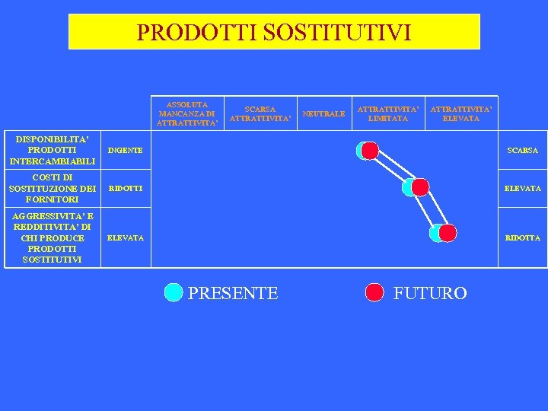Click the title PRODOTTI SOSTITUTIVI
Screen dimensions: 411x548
coord(274,32)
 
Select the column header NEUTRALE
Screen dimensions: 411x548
coord(323,113)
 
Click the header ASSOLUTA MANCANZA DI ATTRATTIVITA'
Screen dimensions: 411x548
coord(187,113)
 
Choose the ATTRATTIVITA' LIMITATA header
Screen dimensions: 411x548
coord(388,113)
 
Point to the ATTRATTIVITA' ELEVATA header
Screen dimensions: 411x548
coord(461,113)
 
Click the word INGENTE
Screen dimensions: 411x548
coord(126,151)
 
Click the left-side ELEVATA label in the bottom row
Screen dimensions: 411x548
coord(126,238)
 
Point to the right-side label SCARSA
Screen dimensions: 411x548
coord(522,151)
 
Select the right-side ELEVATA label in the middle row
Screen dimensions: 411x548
coord(522,188)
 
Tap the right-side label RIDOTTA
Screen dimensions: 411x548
coord(522,238)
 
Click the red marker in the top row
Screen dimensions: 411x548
coord(370,151)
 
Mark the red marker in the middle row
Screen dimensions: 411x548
coord(420,187)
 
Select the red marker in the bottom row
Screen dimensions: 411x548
coord(448,233)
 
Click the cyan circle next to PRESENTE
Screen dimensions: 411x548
coord(174,292)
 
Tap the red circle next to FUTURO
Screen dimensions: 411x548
coord(374,292)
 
